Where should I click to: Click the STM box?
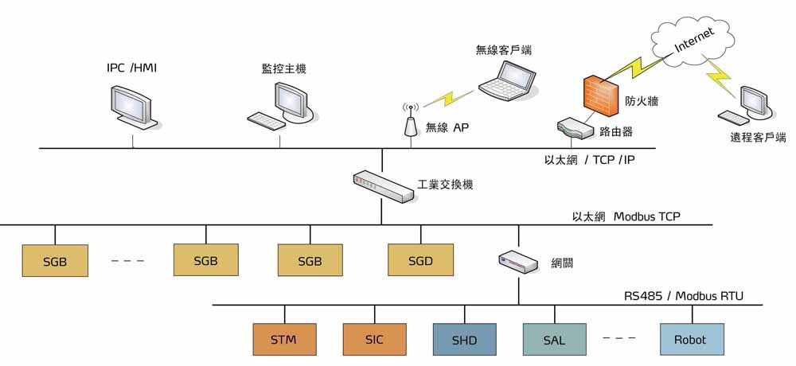283,340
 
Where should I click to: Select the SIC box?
375,340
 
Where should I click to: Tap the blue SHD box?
465,340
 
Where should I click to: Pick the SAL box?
555,340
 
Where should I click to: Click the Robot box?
690,340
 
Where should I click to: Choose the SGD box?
420,260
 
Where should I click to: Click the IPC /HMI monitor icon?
131,107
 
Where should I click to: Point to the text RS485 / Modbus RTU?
683,297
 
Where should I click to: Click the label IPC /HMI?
131,68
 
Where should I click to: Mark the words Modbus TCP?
646,216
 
